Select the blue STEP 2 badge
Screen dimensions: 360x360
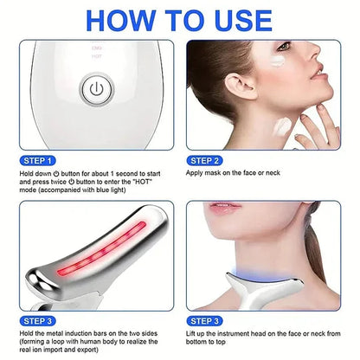(209, 161)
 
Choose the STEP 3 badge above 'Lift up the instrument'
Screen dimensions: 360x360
(209, 321)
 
